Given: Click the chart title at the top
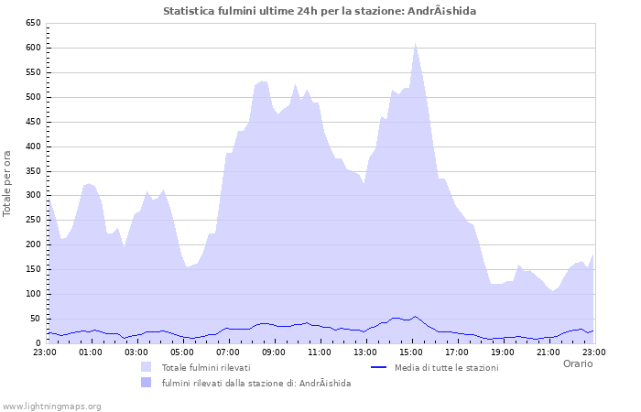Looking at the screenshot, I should pos(320,11).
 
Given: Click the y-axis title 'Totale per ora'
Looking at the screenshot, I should pos(7,182).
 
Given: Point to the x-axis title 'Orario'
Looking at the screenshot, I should pos(577,363).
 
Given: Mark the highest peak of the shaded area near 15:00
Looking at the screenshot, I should pos(415,42).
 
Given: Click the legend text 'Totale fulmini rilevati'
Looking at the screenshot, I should pos(205,367).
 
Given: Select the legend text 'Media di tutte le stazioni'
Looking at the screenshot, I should pos(446,367).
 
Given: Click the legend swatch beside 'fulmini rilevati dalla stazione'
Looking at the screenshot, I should pos(146,383).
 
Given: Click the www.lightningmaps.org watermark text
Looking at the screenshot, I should pos(52,406).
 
